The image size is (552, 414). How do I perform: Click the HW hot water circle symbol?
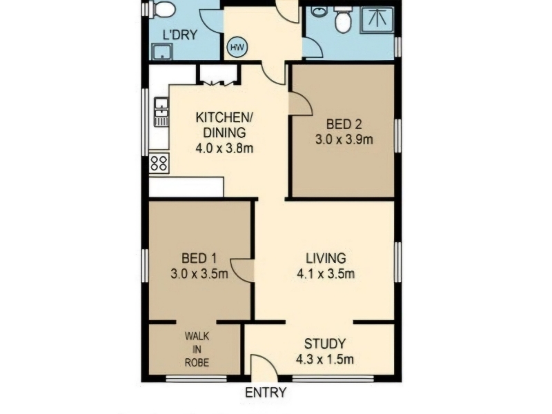point(237,47)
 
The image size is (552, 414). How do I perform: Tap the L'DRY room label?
point(180,35)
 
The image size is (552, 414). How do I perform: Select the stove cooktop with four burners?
point(159,163)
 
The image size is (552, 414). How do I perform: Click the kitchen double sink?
point(161,112)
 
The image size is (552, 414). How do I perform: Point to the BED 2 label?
point(344,124)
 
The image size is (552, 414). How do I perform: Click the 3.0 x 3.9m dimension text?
point(344,140)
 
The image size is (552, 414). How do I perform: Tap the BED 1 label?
point(199,258)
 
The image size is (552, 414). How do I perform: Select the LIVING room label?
point(326,258)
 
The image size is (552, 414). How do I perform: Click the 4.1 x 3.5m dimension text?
point(326,273)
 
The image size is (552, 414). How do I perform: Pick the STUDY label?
point(325,344)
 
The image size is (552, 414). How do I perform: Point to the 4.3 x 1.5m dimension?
point(325,359)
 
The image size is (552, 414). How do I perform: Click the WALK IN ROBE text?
point(197,349)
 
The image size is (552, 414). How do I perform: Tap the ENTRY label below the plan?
point(266,392)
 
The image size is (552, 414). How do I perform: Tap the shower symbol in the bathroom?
point(376,20)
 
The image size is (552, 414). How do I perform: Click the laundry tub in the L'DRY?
point(162,51)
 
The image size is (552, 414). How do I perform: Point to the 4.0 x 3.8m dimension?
point(224,148)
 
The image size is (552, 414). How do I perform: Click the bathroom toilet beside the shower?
point(342,20)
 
